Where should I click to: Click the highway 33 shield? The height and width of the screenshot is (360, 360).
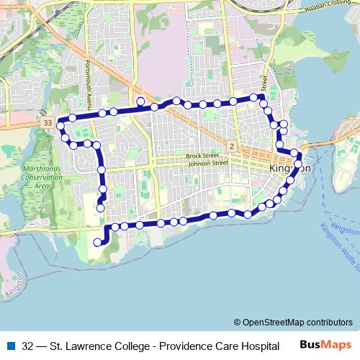(x=48, y=123)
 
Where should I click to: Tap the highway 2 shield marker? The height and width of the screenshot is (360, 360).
(x=231, y=146)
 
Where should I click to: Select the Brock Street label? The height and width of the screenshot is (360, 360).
(x=202, y=156)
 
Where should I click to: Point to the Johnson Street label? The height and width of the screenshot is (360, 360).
(x=207, y=163)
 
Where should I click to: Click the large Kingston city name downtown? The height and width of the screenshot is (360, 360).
(x=289, y=168)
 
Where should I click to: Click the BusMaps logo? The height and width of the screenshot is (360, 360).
(x=325, y=345)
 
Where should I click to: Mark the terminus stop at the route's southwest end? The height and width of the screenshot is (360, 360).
(x=97, y=243)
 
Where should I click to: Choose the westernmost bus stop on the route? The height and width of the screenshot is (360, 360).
(x=61, y=120)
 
